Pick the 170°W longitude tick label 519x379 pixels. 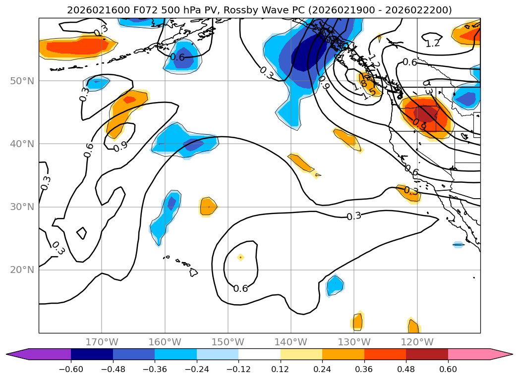pyautogui.click(x=102, y=342)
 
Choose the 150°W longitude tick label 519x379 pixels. pyautogui.click(x=228, y=342)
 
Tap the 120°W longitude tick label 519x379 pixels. pyautogui.click(x=417, y=342)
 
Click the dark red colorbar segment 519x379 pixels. pyautogui.click(x=427, y=354)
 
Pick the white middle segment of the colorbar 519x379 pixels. pyautogui.click(x=259, y=354)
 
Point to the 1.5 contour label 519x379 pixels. pyautogui.click(x=369, y=94)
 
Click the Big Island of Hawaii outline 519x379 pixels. pyautogui.click(x=193, y=272)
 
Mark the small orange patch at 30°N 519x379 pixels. pyautogui.click(x=208, y=206)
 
